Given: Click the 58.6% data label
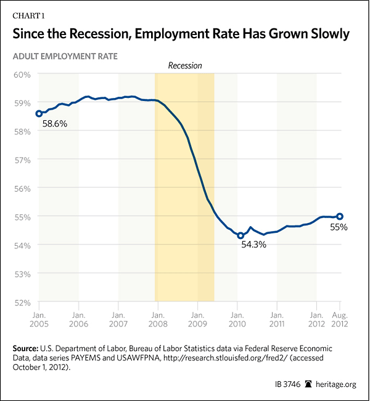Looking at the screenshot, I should tap(54, 124).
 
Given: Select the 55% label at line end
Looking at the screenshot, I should tap(339, 227).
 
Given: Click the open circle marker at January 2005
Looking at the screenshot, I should tap(39, 113).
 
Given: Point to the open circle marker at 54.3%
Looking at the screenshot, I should tap(240, 235).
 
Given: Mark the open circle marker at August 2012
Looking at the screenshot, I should tap(340, 216).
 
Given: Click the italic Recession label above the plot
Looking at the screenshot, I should tap(185, 65).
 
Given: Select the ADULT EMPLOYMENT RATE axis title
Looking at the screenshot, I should tap(62, 56).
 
